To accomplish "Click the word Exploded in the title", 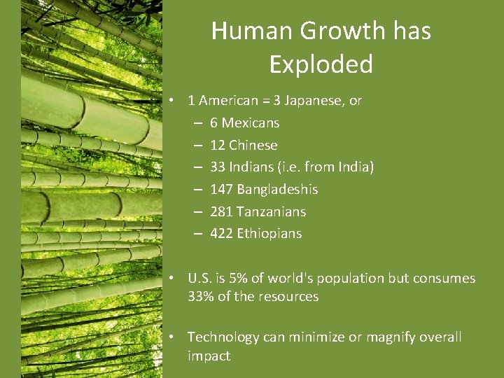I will tap(321, 64).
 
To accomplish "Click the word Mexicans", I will tap(250, 122).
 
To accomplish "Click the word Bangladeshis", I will tap(277, 189).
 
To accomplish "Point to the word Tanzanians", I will tap(271, 211).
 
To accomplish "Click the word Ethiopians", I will tap(269, 233).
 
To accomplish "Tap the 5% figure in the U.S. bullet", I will tap(238, 278).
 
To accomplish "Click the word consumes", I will tap(444, 278).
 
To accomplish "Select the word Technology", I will tap(223, 337).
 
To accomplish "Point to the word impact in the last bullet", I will tap(209, 356).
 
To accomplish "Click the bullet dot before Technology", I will tap(171, 337).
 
